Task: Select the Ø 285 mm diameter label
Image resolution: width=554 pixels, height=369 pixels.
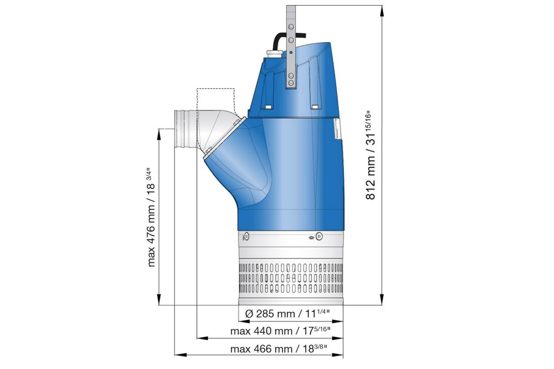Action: (x=288, y=314)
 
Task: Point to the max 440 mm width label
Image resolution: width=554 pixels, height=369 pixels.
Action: (x=281, y=331)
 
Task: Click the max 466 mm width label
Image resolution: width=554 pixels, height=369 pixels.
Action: (x=279, y=349)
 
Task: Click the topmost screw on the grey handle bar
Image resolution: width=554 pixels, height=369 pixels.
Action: (x=291, y=26)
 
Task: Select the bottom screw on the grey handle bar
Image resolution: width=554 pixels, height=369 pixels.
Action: (x=291, y=83)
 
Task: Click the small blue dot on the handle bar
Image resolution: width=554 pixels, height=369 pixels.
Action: (x=291, y=53)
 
